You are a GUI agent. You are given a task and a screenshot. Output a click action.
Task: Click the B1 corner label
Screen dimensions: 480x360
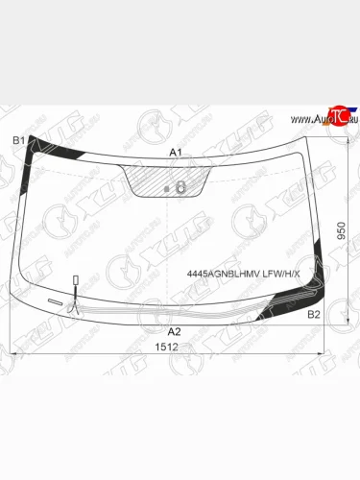pos(17,140)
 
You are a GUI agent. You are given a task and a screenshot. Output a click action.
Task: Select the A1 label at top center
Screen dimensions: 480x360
pos(176,153)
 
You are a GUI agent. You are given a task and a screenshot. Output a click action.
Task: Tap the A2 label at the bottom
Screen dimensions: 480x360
pos(175,330)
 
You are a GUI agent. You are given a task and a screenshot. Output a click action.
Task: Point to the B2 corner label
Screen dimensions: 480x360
pos(313,314)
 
